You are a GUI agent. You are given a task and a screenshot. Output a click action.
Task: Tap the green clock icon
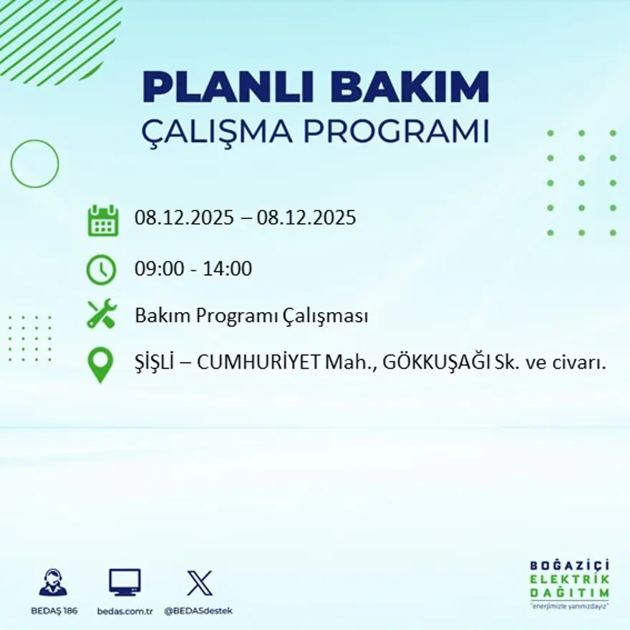coord(101,270)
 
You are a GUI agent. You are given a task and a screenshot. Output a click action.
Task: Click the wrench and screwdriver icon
coord(101,314)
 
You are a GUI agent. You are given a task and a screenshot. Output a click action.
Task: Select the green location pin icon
coord(100,364)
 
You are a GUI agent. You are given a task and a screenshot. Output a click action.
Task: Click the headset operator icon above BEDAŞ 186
coord(53,582)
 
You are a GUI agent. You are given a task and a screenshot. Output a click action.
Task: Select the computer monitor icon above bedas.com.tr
coord(125,582)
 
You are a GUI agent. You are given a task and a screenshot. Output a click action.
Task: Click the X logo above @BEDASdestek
coord(199,582)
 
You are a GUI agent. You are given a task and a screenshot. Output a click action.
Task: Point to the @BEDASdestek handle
coord(198,611)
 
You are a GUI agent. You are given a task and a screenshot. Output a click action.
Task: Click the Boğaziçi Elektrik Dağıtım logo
coord(569,582)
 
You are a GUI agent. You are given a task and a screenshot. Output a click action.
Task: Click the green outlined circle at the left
coord(34,164)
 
